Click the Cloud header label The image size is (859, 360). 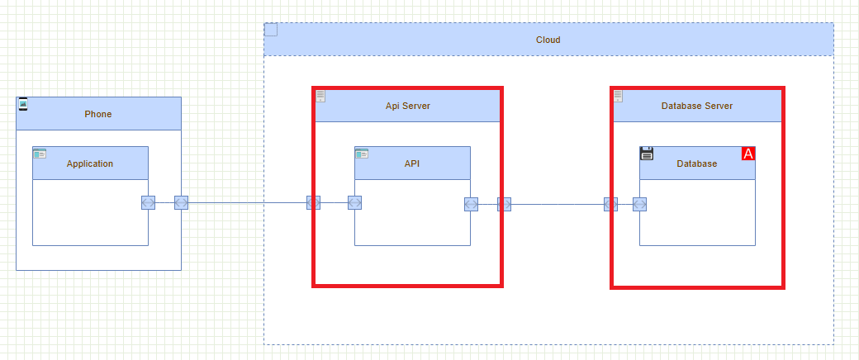548,40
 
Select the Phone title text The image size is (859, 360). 97,114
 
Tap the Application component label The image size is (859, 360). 90,163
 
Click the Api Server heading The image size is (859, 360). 407,106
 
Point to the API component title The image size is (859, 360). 412,163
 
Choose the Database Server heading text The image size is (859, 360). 696,106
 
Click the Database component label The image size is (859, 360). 696,163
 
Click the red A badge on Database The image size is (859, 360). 748,154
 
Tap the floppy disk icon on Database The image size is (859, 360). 647,154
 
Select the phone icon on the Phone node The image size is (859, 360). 23,104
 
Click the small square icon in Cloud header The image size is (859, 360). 271,30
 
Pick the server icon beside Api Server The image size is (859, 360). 320,96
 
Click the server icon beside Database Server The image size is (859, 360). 619,96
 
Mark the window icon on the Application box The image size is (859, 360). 40,154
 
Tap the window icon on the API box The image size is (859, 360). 362,154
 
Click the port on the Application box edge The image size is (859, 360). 148,202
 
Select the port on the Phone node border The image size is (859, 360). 181,202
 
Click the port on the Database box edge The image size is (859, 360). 639,204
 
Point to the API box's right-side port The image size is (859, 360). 471,204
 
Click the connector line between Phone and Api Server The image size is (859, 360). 248,202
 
